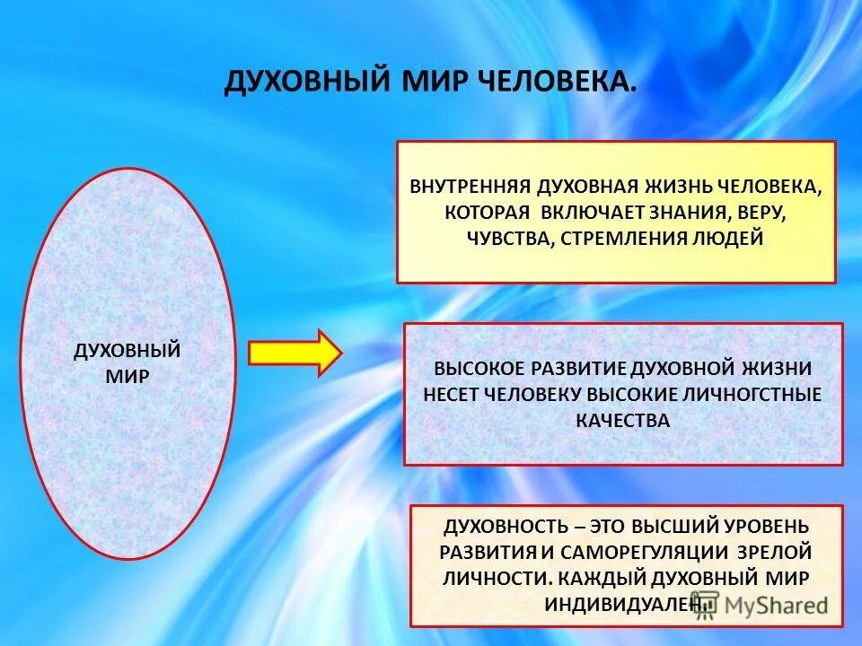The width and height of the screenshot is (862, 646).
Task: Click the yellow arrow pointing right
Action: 295,353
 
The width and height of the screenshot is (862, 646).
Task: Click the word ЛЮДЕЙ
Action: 734,239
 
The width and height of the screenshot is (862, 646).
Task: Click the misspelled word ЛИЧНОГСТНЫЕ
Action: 752,394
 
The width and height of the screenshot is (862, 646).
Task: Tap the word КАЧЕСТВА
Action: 622,419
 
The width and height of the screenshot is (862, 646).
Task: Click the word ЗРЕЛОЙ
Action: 778,551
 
